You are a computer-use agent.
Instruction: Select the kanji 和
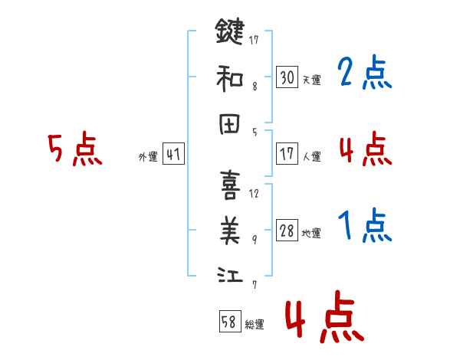(229, 79)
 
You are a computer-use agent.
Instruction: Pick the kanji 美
(229, 228)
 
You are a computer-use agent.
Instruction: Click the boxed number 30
(287, 77)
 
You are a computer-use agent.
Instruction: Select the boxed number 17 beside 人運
(287, 154)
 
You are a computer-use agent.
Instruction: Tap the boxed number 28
(287, 231)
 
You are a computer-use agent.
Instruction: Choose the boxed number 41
(173, 154)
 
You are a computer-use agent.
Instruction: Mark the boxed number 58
(229, 322)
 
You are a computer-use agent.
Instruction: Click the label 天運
(311, 80)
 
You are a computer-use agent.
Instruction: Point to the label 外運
(148, 157)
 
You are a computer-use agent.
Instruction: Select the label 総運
(255, 325)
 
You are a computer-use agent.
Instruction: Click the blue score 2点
(365, 74)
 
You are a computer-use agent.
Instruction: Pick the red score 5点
(74, 149)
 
